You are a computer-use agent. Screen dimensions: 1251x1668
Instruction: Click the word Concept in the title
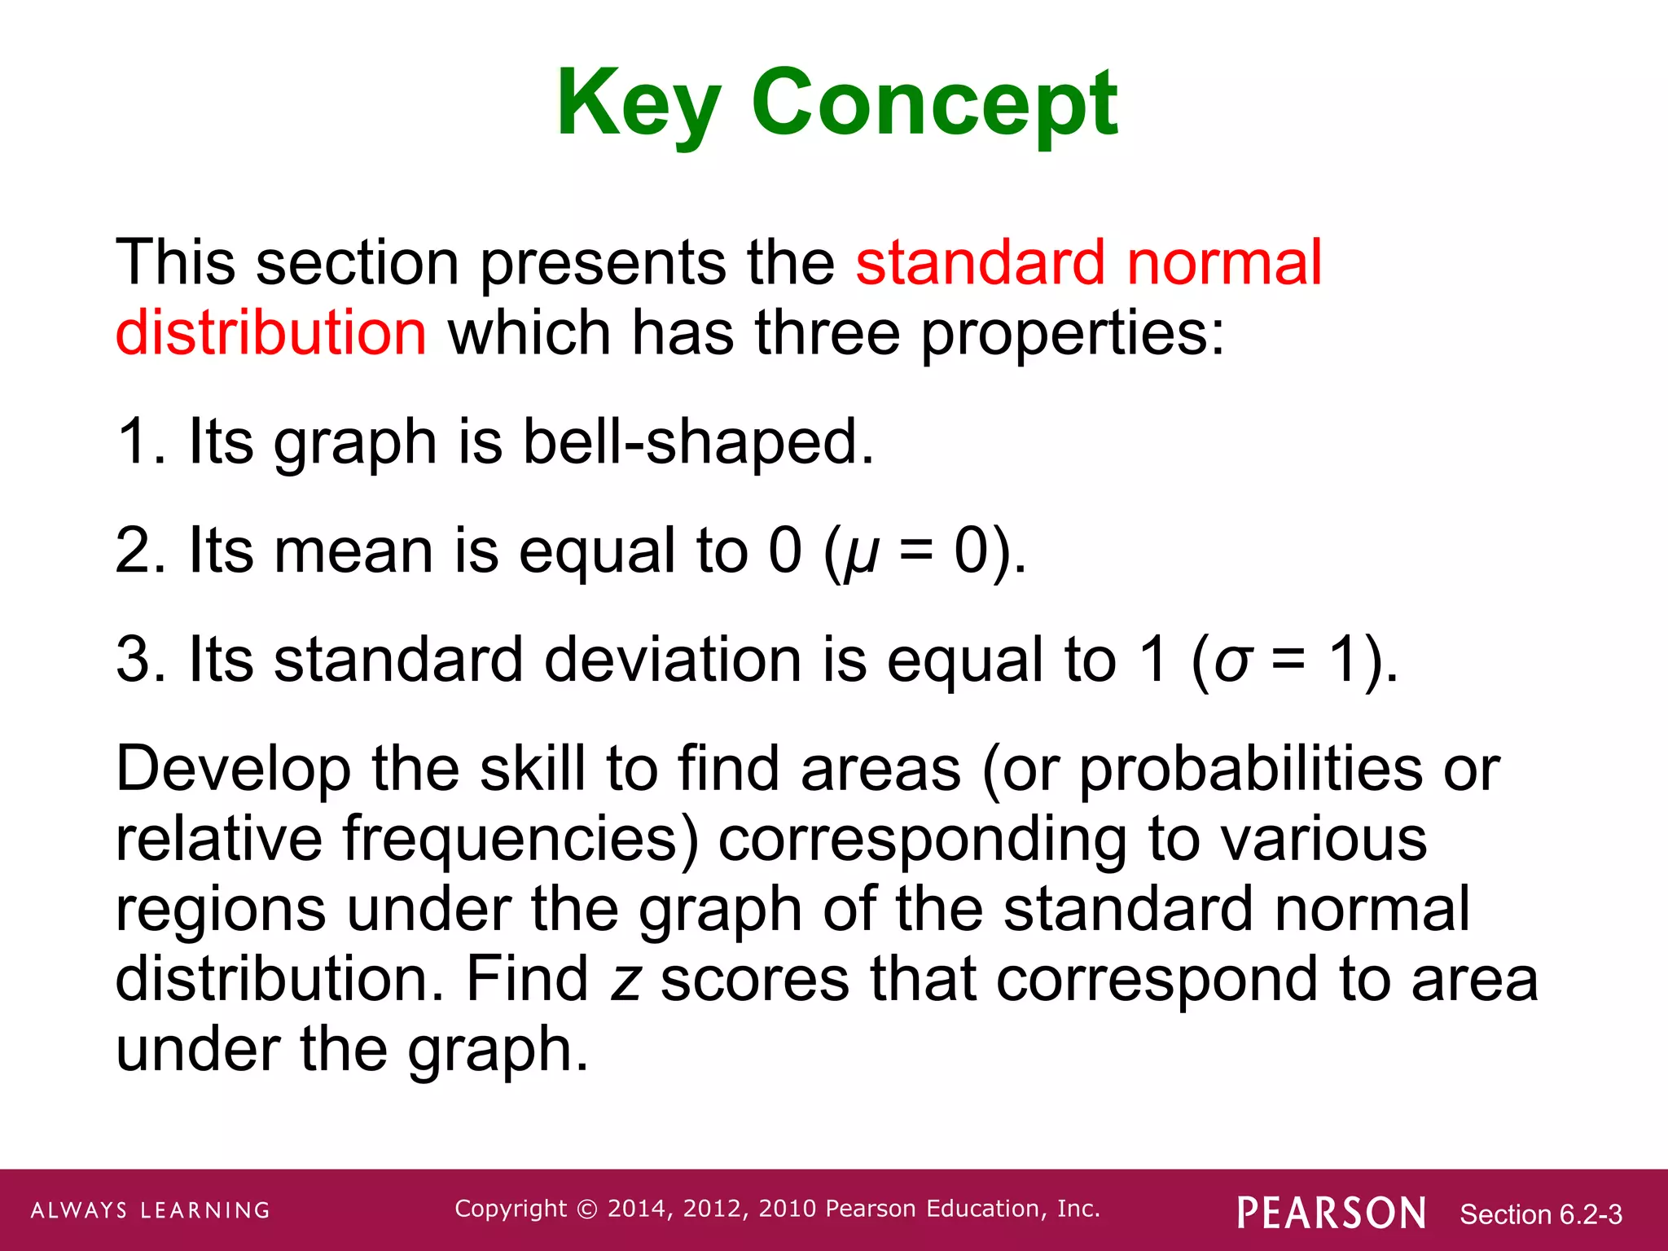click(934, 104)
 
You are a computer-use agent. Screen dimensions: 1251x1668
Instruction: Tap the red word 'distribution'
click(270, 333)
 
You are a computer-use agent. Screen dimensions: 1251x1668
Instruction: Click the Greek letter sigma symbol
click(1231, 661)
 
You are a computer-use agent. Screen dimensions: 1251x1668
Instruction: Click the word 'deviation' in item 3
click(674, 660)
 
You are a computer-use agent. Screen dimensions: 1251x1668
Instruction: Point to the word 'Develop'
click(234, 770)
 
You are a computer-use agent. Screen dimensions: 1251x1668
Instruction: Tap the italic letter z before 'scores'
click(626, 981)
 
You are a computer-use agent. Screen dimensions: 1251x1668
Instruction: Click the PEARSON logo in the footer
click(1331, 1213)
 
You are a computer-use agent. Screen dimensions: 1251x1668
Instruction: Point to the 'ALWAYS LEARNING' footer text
click(151, 1210)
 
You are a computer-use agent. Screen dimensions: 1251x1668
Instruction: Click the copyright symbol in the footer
click(586, 1209)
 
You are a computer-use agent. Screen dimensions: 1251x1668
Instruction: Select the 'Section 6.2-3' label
click(1540, 1214)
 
